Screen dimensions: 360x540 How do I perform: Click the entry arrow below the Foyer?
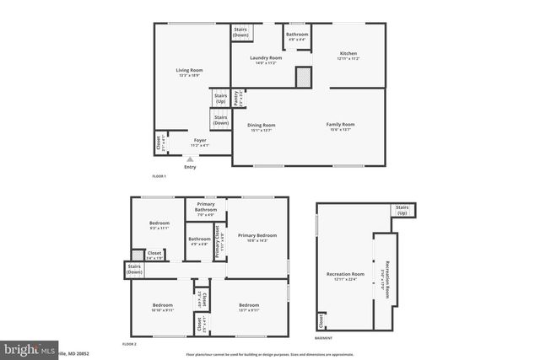190,158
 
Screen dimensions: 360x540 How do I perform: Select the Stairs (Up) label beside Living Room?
220,99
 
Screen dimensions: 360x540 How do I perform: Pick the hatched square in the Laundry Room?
303,78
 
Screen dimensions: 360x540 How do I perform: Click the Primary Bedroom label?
257,237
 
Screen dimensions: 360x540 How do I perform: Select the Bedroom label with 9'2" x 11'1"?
159,225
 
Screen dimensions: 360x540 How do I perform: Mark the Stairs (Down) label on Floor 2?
134,270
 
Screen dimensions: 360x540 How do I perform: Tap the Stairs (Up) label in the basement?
402,210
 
